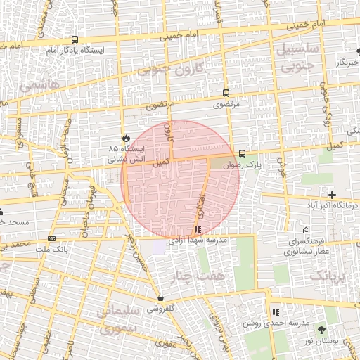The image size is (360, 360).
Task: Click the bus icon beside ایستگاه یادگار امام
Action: click(x=75, y=39)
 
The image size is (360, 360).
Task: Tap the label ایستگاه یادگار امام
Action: click(x=75, y=51)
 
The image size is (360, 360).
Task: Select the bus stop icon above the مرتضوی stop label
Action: click(x=226, y=93)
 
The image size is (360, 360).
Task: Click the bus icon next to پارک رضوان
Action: click(x=243, y=153)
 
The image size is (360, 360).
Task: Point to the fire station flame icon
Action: click(x=127, y=138)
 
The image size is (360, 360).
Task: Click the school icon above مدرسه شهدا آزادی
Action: click(x=198, y=229)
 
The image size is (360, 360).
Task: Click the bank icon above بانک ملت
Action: click(x=51, y=238)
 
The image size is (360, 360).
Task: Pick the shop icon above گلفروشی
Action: click(x=161, y=297)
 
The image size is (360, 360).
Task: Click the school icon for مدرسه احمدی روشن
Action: click(x=276, y=311)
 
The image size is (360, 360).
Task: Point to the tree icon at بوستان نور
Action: click(x=322, y=329)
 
